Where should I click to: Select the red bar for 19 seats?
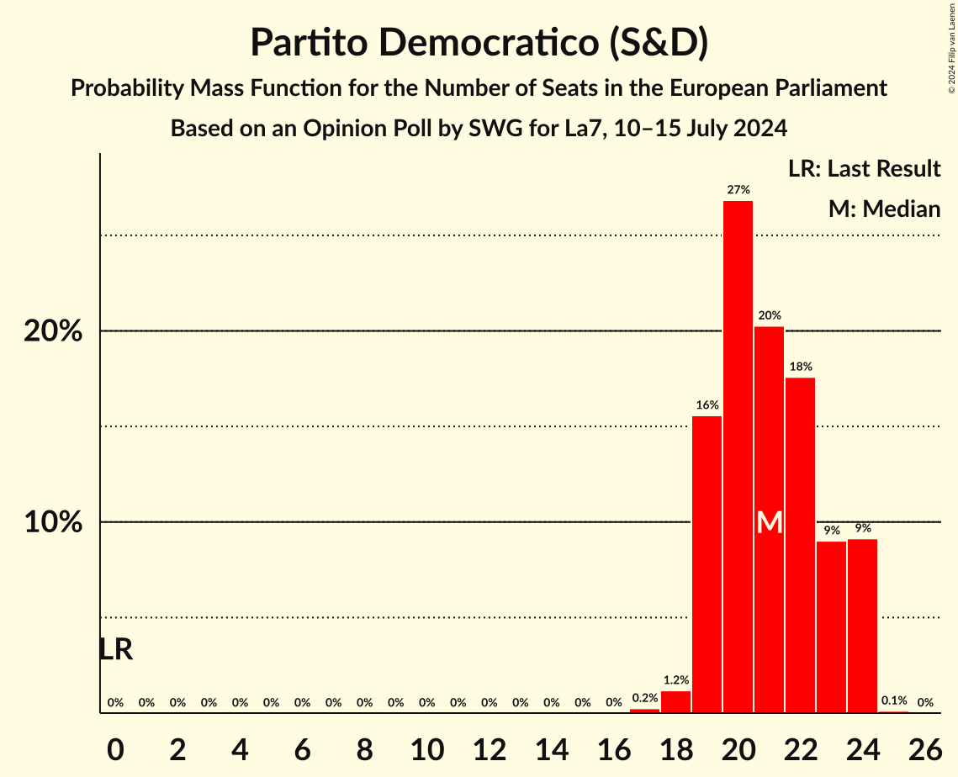click(707, 564)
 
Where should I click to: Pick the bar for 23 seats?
click(831, 627)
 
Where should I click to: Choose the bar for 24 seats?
click(862, 626)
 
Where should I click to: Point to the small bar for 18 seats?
click(675, 702)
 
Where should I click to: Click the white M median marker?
click(769, 523)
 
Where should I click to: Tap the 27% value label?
click(738, 190)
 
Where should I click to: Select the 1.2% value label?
click(675, 680)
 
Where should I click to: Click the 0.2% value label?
click(644, 698)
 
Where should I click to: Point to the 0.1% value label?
click(893, 700)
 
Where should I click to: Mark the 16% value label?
click(707, 405)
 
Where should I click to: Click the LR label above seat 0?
click(115, 649)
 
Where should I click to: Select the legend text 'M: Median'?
click(884, 209)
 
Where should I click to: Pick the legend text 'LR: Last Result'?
click(864, 169)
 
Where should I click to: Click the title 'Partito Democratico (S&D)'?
click(479, 43)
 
